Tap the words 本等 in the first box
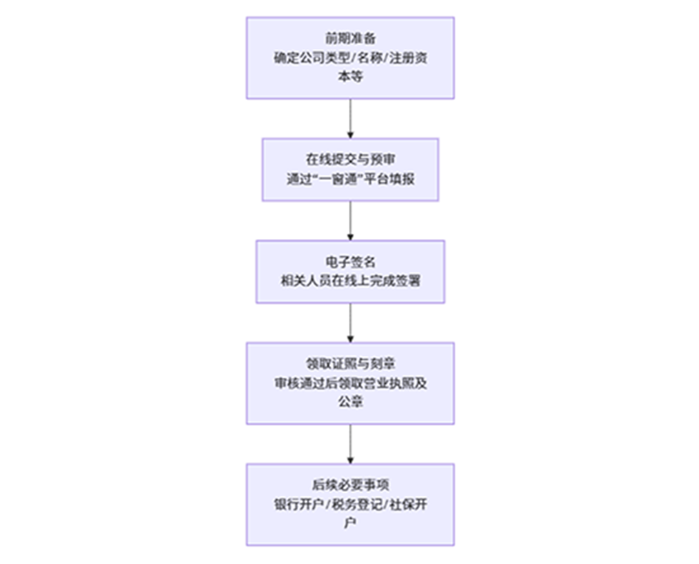pyautogui.click(x=350, y=77)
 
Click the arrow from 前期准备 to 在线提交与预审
pyautogui.click(x=350, y=119)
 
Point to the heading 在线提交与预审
pyautogui.click(x=350, y=160)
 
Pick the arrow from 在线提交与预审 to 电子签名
pyautogui.click(x=350, y=221)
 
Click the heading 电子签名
pyautogui.click(x=350, y=262)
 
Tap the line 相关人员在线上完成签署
pyautogui.click(x=350, y=282)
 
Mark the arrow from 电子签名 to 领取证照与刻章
pyautogui.click(x=350, y=322)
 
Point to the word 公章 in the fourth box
pyautogui.click(x=350, y=402)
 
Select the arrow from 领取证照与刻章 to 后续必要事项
pyautogui.click(x=350, y=444)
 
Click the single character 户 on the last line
pyautogui.click(x=350, y=524)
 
